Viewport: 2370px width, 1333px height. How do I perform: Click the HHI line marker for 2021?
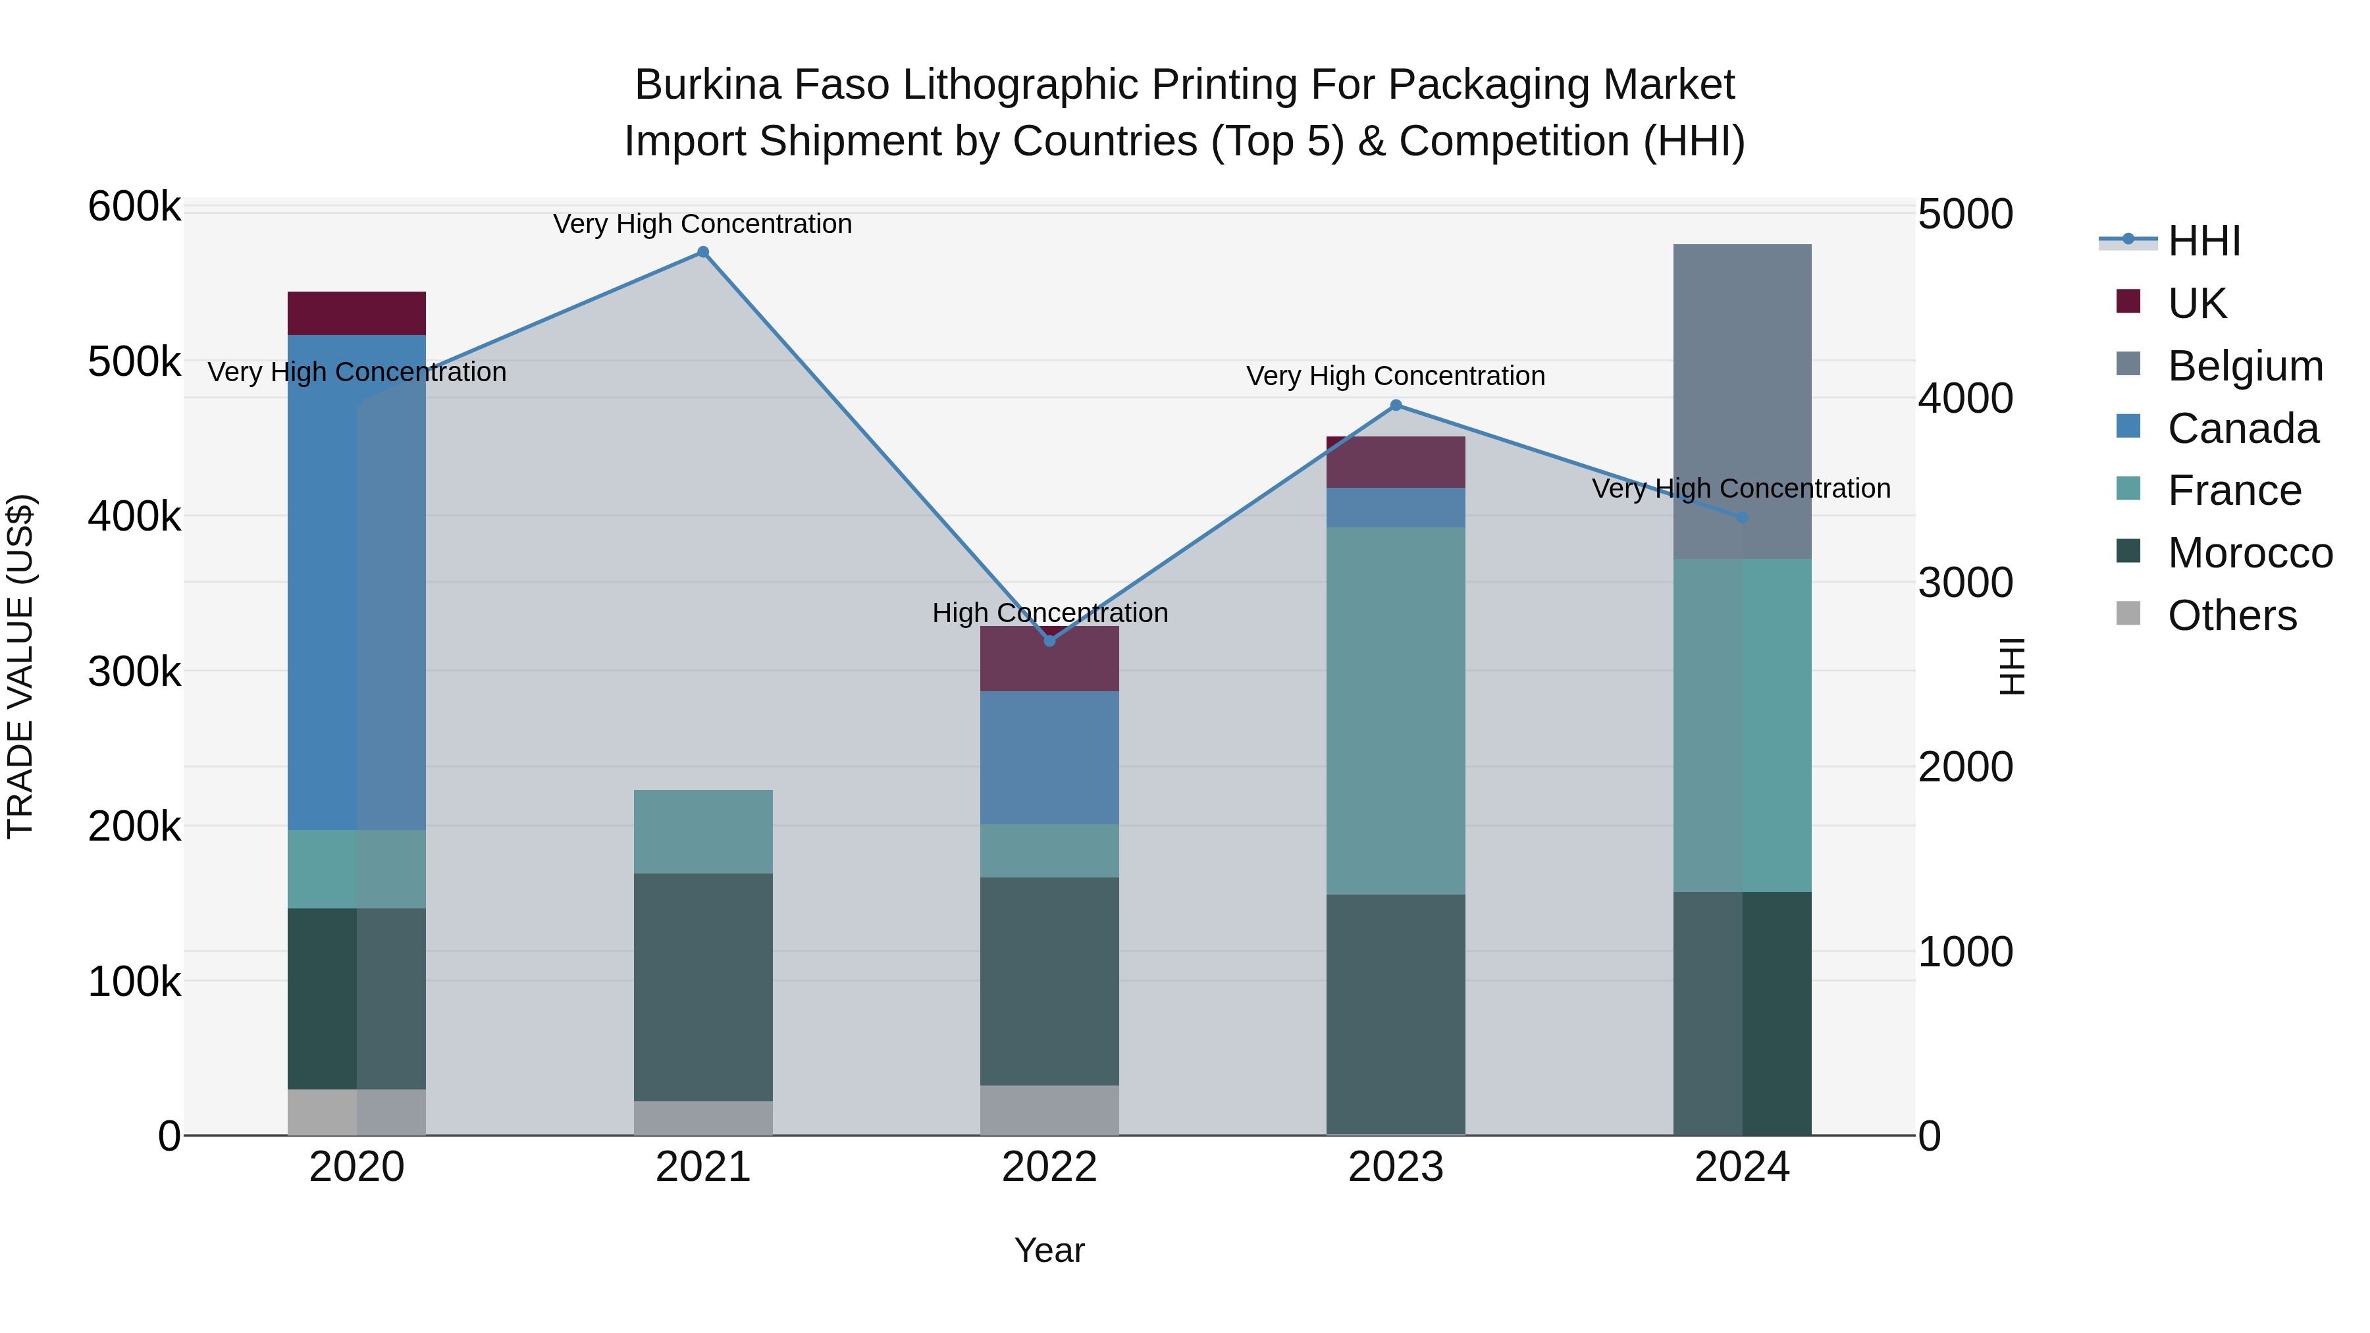(x=703, y=252)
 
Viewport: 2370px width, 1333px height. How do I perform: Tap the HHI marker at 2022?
(x=1050, y=640)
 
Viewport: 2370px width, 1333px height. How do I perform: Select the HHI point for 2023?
(x=1396, y=405)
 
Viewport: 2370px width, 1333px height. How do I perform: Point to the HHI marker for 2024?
(x=1741, y=518)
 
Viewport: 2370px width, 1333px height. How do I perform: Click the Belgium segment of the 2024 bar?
(x=1741, y=401)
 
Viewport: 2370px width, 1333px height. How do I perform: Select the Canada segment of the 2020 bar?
(x=357, y=583)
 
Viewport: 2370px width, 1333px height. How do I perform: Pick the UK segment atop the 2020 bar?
(x=357, y=313)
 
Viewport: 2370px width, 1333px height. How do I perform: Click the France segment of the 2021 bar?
(x=703, y=831)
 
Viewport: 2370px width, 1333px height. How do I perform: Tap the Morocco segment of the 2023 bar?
(x=1396, y=1014)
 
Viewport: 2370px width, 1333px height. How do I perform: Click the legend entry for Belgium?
(x=2245, y=366)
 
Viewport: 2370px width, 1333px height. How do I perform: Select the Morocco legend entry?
(x=2250, y=554)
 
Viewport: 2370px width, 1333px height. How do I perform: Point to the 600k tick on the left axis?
(x=134, y=207)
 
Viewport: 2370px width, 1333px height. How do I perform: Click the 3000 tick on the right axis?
(x=1965, y=583)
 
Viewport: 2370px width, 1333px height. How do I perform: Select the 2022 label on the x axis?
(x=1050, y=1167)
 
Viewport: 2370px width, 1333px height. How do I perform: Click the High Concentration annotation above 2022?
(x=1050, y=613)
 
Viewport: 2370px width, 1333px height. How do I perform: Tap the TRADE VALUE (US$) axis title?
(x=20, y=666)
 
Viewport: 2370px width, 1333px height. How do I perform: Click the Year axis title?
(x=1050, y=1250)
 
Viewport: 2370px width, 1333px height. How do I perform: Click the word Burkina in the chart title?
(x=706, y=85)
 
